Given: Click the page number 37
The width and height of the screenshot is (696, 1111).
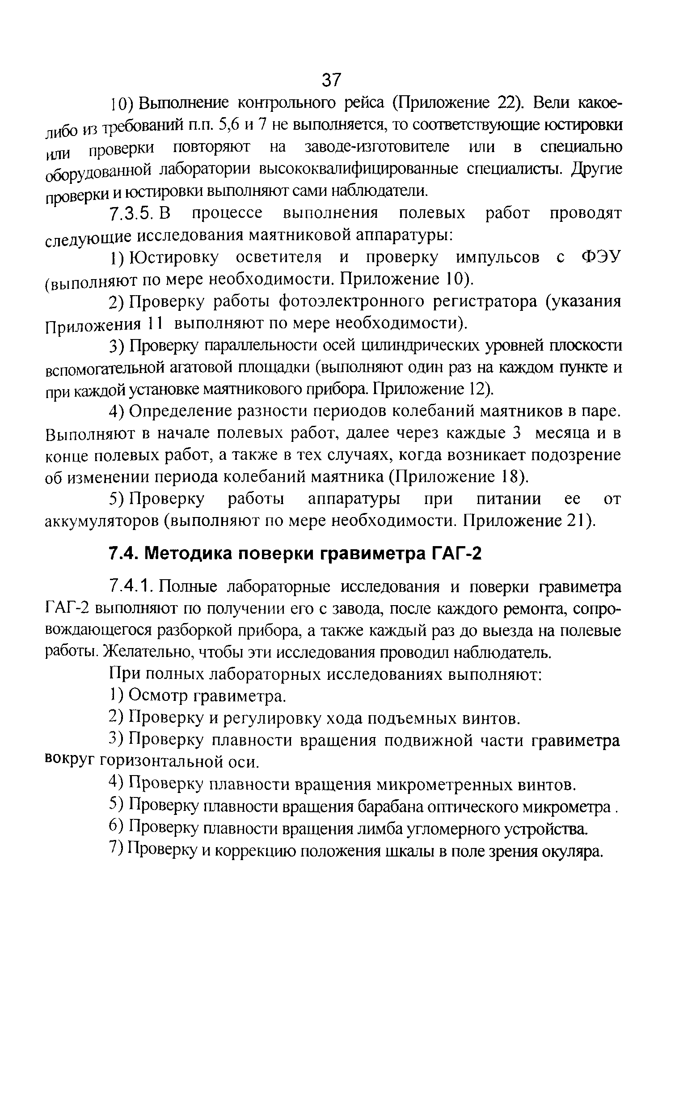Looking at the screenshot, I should pos(331,80).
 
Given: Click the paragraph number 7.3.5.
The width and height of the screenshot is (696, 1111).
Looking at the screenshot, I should pos(131,213).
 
